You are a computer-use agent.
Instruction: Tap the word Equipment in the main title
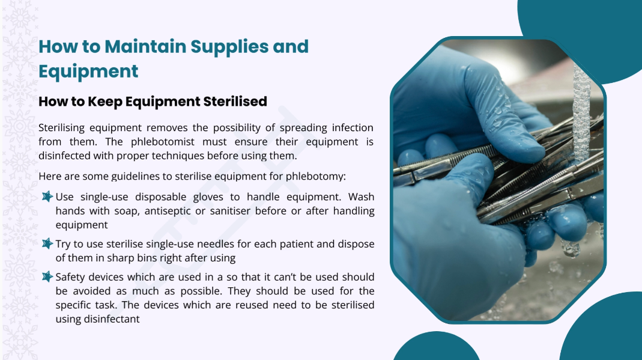click(x=88, y=72)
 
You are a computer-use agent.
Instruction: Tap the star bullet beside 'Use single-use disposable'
click(x=47, y=197)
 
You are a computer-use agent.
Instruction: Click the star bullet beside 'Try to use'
click(x=47, y=243)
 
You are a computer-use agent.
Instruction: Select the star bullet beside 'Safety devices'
click(x=47, y=277)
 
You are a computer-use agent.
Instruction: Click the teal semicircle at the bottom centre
click(x=437, y=347)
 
